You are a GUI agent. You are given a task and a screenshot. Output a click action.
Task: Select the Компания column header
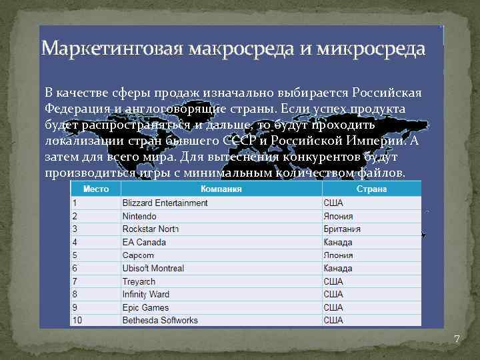coord(221,189)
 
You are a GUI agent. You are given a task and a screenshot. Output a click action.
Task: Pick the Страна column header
coord(371,189)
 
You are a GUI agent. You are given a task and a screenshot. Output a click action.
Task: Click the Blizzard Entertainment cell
coord(165,203)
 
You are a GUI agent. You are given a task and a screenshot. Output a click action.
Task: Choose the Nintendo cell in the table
coord(139,216)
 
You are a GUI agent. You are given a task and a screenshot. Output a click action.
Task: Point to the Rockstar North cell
coord(151,229)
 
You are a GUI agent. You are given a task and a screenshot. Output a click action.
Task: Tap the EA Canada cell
coord(144,242)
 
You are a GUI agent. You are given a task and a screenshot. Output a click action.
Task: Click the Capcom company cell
coord(138,255)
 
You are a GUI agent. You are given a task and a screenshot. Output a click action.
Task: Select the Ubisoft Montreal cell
coord(153,268)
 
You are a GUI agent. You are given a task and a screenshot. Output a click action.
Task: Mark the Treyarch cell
coord(139,281)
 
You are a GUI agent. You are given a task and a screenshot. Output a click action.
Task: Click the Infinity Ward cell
coord(146,294)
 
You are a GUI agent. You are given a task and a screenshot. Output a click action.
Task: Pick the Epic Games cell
coord(145,307)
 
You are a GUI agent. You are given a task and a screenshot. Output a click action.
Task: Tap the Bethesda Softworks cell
coord(160,320)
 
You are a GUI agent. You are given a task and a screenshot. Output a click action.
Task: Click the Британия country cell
coord(342,229)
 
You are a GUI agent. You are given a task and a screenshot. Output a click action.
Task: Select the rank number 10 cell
coord(77,320)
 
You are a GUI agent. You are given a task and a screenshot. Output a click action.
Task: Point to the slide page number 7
coord(457,339)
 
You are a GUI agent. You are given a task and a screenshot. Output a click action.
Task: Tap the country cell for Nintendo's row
coord(338,216)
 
